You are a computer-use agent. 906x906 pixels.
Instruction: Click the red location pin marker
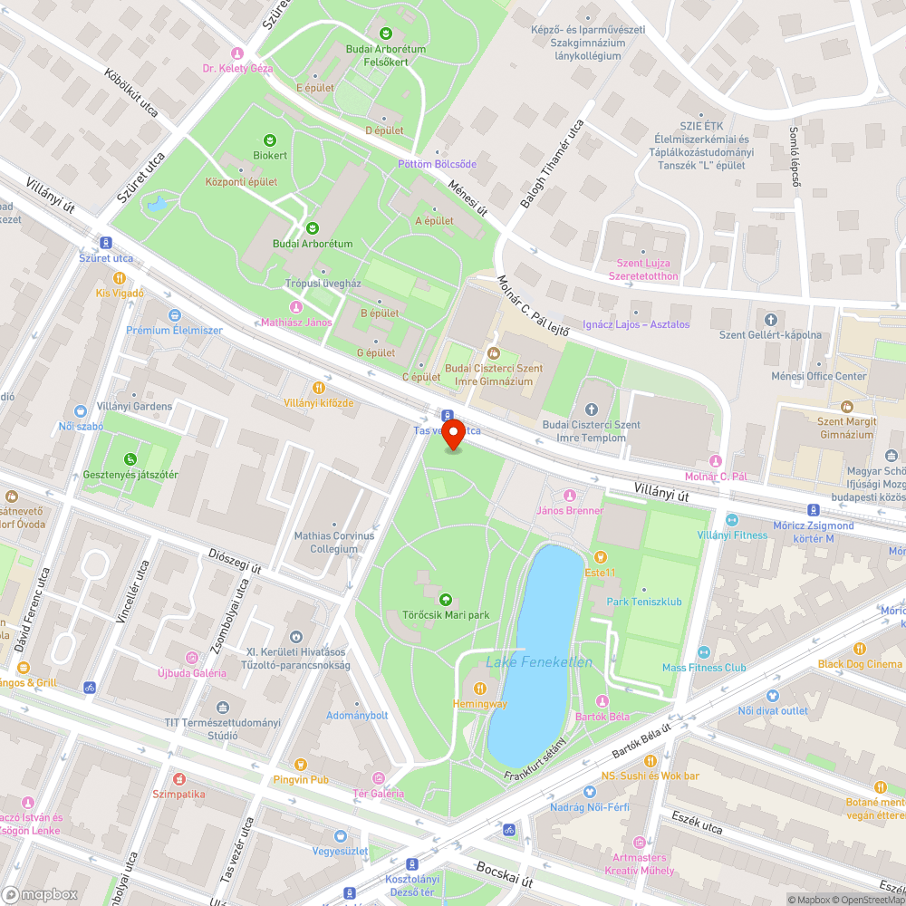point(452,434)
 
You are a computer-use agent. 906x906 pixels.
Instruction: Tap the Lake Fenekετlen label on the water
point(539,662)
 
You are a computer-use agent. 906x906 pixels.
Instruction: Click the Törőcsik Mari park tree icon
point(446,600)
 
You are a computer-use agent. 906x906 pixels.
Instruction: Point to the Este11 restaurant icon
point(599,557)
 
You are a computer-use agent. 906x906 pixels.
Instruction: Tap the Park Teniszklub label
point(644,602)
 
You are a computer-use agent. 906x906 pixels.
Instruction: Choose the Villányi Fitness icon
point(731,520)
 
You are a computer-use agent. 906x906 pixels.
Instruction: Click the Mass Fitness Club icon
point(704,652)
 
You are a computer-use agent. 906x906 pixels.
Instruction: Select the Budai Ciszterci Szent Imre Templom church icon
point(591,410)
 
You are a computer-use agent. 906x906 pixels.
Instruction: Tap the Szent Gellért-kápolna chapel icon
point(770,320)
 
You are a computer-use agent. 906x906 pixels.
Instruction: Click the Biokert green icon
point(269,140)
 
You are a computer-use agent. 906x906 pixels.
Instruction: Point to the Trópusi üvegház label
point(323,284)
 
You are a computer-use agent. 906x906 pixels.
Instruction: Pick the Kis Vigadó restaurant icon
point(119,278)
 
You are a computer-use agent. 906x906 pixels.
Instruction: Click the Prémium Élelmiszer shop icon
point(174,315)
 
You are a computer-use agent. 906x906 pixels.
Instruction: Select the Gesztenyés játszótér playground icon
point(130,459)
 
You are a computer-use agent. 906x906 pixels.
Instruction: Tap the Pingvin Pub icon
point(301,764)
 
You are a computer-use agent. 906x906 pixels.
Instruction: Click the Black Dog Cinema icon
point(860,649)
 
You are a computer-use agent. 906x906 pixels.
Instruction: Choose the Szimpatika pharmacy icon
point(179,779)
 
